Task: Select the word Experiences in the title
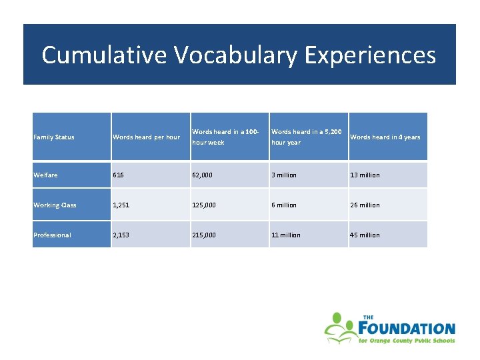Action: click(371, 55)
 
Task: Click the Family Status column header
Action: click(54, 137)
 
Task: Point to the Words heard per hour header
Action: click(147, 137)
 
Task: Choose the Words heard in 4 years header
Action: click(385, 137)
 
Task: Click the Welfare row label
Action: click(45, 175)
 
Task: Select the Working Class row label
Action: click(55, 205)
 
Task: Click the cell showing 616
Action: click(119, 175)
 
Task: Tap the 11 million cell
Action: click(286, 235)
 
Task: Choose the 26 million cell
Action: click(365, 205)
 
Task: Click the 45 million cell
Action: click(365, 235)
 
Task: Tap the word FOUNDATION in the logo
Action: click(407, 328)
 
